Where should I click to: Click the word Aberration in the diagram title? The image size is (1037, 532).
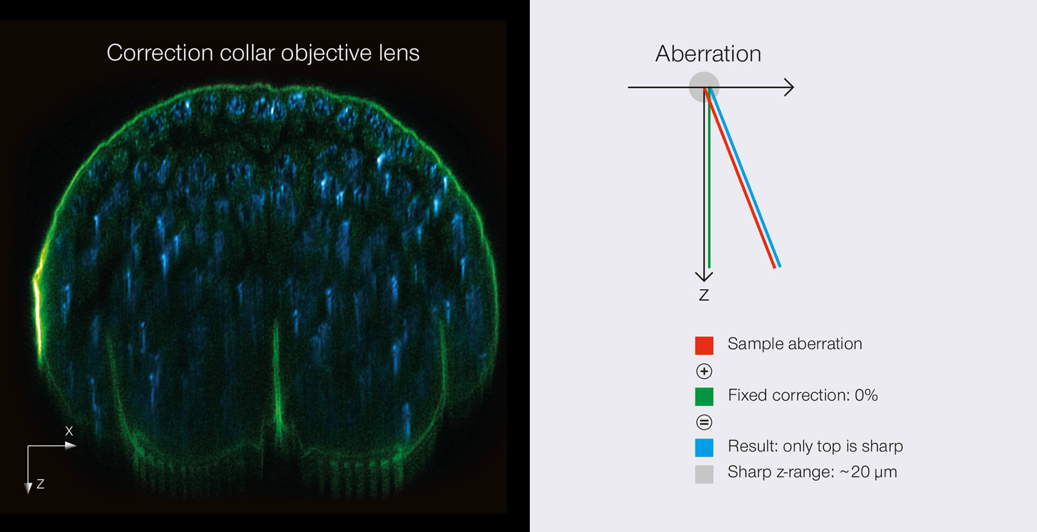(x=708, y=53)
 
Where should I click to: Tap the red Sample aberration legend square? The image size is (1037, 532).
(x=704, y=346)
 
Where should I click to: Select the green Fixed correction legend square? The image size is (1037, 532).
(x=704, y=396)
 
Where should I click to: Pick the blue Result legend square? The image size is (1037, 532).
(x=704, y=448)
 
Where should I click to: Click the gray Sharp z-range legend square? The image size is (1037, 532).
(x=704, y=474)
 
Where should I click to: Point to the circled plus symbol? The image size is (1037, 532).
(x=704, y=371)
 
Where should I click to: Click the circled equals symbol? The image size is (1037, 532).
(x=704, y=422)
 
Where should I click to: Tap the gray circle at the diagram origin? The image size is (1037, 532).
(x=704, y=87)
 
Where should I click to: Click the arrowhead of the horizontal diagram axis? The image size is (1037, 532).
(x=789, y=87)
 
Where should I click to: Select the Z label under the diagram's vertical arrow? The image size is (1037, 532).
(x=704, y=295)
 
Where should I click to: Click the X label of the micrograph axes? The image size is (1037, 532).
(x=69, y=431)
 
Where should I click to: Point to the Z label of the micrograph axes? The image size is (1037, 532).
(x=40, y=484)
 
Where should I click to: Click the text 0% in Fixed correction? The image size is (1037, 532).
(x=866, y=395)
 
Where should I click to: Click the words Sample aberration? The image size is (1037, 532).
(x=794, y=344)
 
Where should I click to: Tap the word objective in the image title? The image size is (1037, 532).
(x=326, y=53)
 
